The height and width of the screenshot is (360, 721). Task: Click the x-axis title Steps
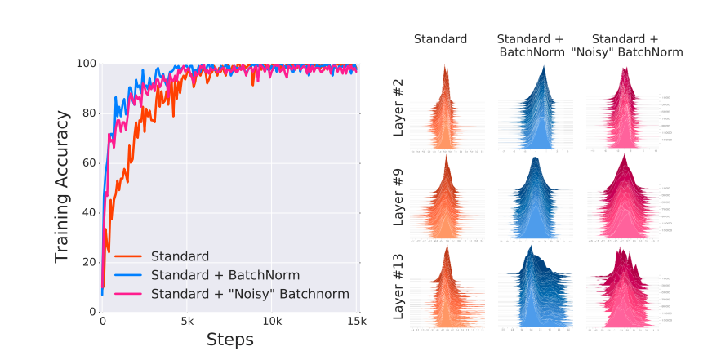[x=229, y=339]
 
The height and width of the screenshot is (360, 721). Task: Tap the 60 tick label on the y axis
[x=88, y=163]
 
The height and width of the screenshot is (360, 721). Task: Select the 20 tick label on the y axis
[x=88, y=262]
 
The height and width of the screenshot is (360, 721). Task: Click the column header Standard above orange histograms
[x=440, y=38]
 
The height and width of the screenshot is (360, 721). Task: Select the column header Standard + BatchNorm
[x=530, y=46]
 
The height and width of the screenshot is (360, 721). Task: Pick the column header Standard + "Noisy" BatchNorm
[x=625, y=46]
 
